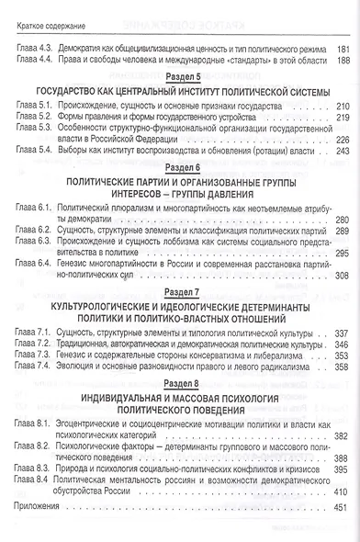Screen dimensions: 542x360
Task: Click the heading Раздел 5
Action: coord(179,78)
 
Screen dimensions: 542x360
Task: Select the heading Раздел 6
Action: coord(179,167)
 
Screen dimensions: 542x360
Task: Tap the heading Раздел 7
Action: coord(179,290)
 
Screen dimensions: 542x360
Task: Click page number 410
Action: coord(340,491)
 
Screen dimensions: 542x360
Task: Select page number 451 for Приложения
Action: coord(340,508)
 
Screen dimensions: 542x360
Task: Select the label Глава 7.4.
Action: coord(33,366)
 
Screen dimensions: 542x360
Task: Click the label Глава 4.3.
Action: coord(33,48)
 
